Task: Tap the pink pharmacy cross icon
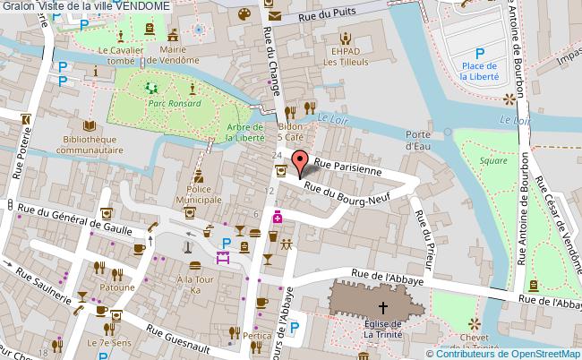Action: click(x=278, y=218)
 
